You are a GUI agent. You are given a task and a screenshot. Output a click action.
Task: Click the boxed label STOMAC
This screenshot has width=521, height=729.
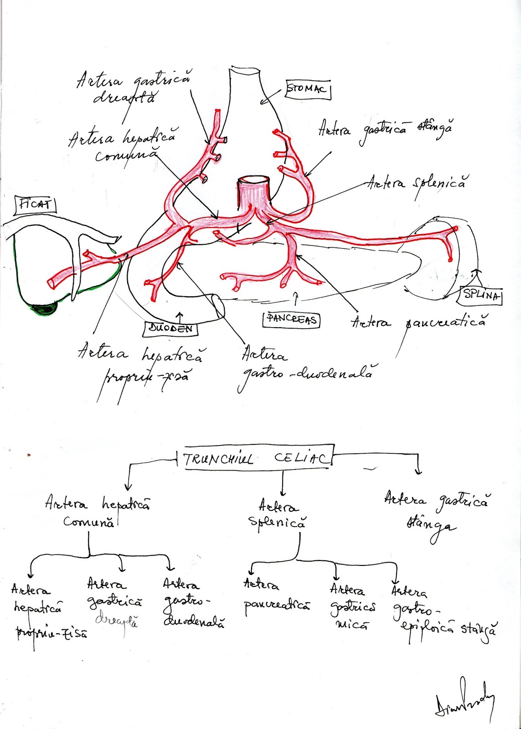(x=308, y=90)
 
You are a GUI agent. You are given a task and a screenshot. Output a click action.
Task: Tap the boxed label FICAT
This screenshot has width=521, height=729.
(x=36, y=205)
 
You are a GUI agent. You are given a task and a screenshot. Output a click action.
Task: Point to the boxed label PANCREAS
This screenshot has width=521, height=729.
(x=291, y=319)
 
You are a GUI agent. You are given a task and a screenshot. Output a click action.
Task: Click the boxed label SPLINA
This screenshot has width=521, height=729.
(x=481, y=295)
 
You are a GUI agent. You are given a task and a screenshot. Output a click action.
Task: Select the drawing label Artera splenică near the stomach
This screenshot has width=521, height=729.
(x=418, y=184)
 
